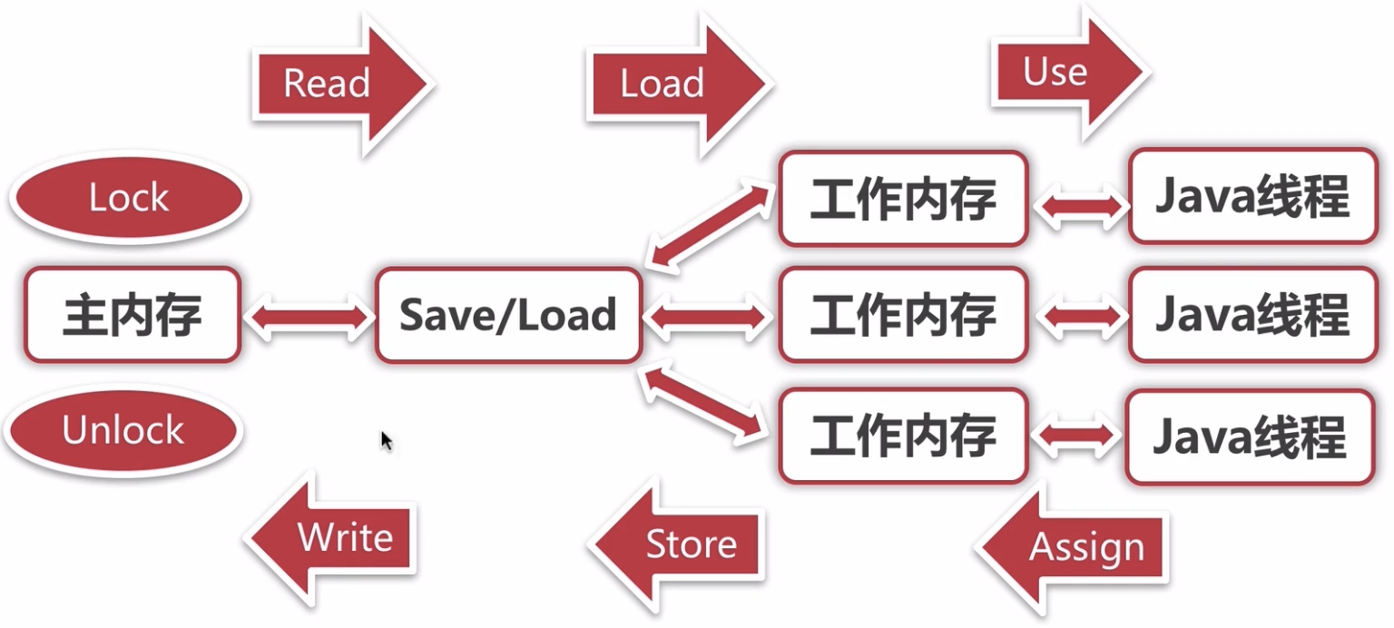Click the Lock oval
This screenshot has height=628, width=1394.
click(x=130, y=198)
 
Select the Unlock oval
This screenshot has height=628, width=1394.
click(x=123, y=430)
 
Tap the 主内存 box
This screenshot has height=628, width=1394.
click(x=133, y=314)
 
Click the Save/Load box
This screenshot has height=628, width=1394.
click(x=508, y=315)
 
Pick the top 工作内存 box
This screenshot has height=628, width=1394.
click(x=903, y=198)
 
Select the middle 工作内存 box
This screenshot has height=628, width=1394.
click(x=903, y=314)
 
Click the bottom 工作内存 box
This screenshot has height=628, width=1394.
click(x=903, y=436)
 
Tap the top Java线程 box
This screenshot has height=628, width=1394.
click(x=1252, y=196)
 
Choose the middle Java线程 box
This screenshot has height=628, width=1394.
click(x=1252, y=314)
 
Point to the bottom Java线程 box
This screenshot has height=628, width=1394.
click(x=1251, y=437)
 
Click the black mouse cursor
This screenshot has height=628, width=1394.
click(x=387, y=441)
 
